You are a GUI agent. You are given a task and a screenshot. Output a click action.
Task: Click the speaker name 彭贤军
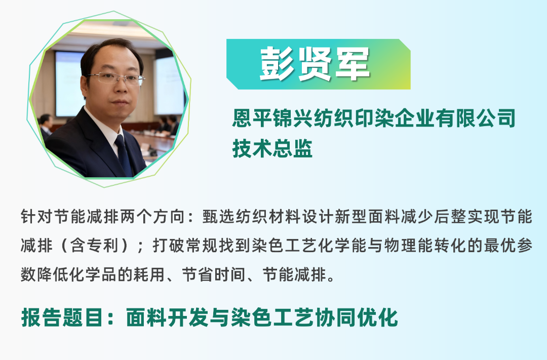tap(315, 64)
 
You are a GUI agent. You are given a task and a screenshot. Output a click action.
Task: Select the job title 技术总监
tap(272, 148)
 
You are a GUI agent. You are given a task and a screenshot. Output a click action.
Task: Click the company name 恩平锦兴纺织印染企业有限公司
tap(373, 119)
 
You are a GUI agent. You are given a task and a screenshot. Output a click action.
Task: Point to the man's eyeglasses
tap(116, 78)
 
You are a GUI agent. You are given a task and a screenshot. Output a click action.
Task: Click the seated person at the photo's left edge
tap(46, 127)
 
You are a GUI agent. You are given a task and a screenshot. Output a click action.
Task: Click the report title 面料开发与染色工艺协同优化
tap(262, 317)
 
